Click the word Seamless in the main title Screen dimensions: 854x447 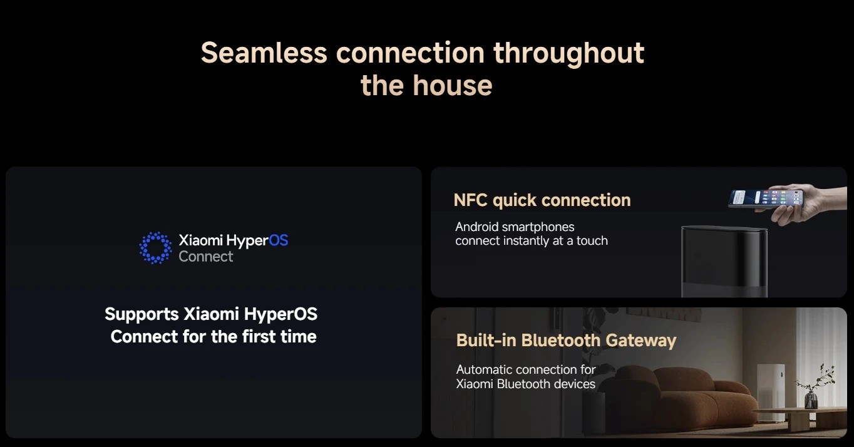coord(264,53)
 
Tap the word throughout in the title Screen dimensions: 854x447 coord(569,54)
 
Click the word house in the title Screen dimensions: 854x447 coord(453,85)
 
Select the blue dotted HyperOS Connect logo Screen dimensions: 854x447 coord(155,248)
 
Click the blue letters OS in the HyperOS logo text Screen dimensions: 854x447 coord(279,240)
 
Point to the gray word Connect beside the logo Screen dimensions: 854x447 coord(205,257)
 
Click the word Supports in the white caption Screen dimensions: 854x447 coord(142,315)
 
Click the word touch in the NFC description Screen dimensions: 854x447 coord(592,241)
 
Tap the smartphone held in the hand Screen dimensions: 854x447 coord(766,198)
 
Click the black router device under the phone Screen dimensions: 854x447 coord(724,261)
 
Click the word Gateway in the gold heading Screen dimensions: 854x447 coord(641,341)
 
